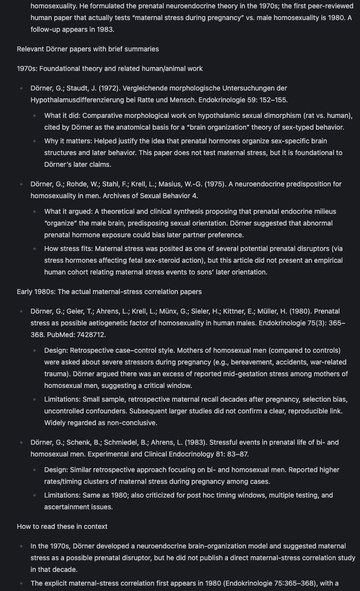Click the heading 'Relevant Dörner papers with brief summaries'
pos(88,49)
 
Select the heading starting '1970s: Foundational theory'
pos(110,68)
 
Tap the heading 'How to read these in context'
pos(62,526)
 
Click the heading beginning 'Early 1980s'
pos(109,292)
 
